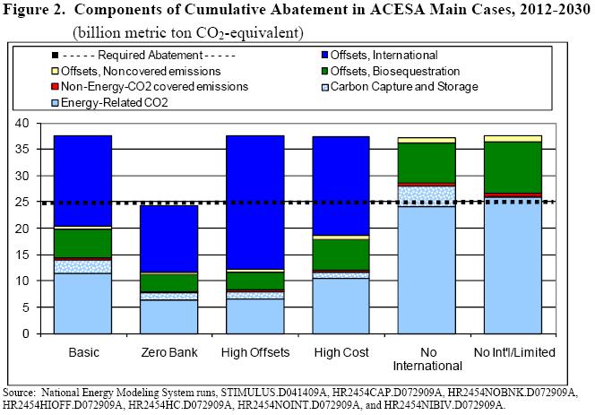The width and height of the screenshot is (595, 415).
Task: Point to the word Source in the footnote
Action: (20, 393)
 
